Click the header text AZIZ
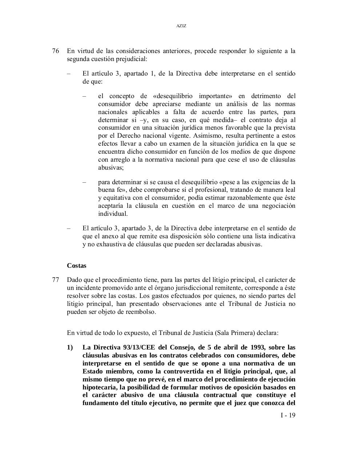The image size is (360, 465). click(181, 26)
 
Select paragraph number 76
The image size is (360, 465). click(56, 51)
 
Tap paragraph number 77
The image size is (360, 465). click(56, 280)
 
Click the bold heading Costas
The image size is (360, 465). click(76, 266)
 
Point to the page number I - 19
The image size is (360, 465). click(288, 415)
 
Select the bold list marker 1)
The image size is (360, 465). click(70, 347)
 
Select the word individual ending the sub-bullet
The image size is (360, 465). click(113, 214)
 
